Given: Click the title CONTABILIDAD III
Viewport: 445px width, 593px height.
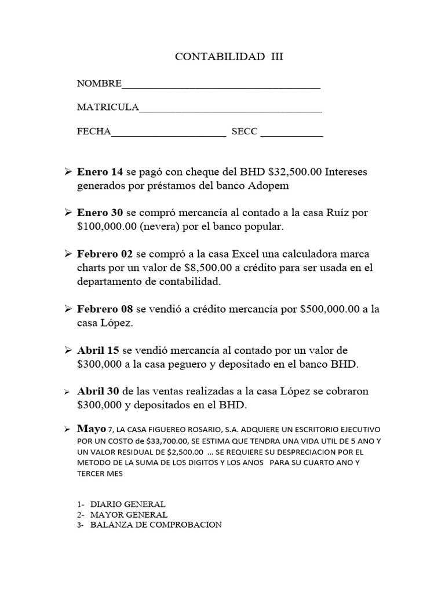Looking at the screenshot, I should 229,57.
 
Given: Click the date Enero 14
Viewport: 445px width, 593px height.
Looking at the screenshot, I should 100,172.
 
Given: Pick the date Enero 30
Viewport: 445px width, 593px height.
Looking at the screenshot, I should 100,213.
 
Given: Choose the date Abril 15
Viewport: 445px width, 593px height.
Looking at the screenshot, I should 99,350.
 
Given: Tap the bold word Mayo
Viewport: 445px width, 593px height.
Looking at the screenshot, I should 92,429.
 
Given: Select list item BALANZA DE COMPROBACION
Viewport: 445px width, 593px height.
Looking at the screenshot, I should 156,525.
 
